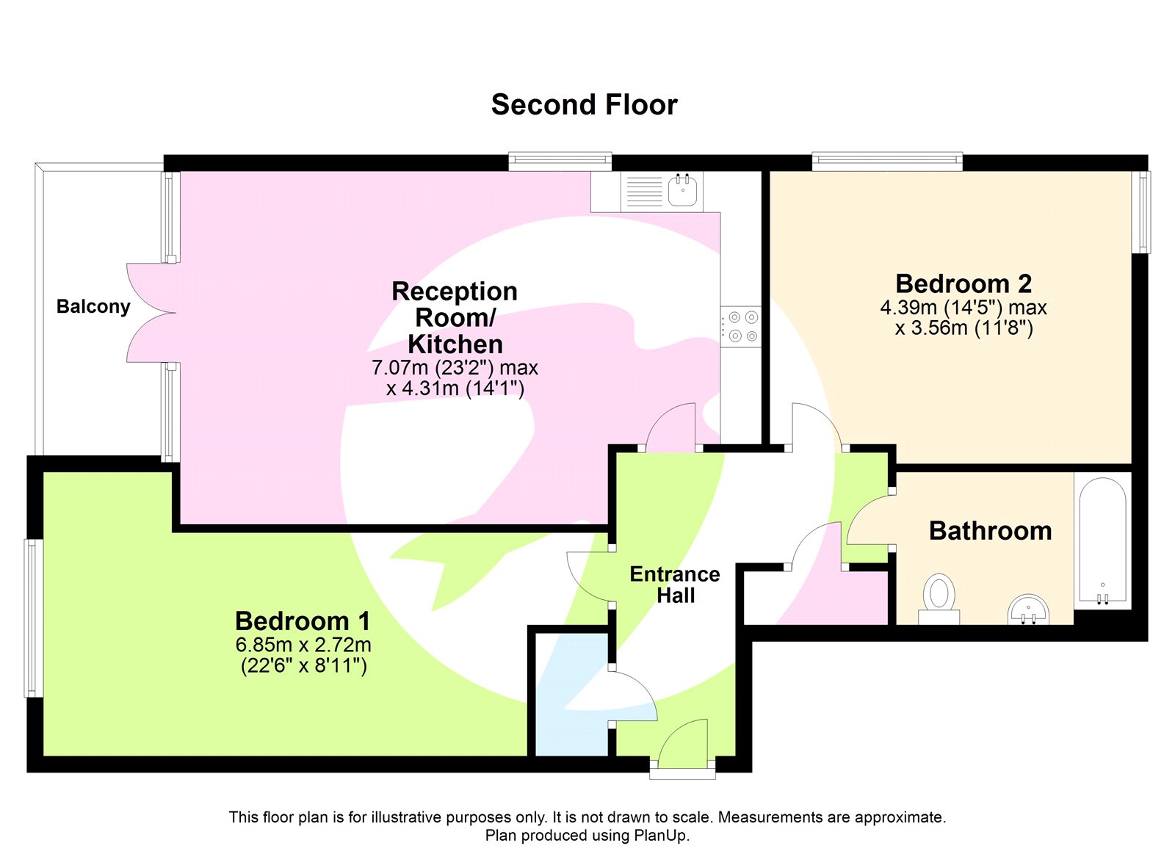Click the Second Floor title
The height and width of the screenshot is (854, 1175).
coord(584,105)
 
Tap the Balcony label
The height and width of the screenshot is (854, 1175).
coord(93,306)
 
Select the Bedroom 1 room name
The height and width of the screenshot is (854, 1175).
coord(303,621)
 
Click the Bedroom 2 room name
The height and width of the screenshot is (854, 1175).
coord(963,283)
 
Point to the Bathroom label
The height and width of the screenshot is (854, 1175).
coord(990,531)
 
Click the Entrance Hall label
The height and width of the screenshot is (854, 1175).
coord(675,585)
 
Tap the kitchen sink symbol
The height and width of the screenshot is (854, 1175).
coord(682,191)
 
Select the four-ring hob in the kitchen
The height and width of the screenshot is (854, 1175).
coord(741,327)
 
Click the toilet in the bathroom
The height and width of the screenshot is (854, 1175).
coord(939,595)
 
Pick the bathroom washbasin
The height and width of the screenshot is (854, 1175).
coord(1028,609)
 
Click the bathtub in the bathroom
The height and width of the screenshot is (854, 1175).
coord(1102,542)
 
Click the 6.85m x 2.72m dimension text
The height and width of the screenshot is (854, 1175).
coord(303,645)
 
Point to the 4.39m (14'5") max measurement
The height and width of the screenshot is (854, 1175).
coord(963,308)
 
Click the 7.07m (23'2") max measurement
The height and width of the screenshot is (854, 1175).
coord(455,367)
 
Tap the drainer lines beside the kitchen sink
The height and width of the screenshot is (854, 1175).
coord(644,191)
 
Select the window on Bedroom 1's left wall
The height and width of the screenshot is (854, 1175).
coord(32,618)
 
